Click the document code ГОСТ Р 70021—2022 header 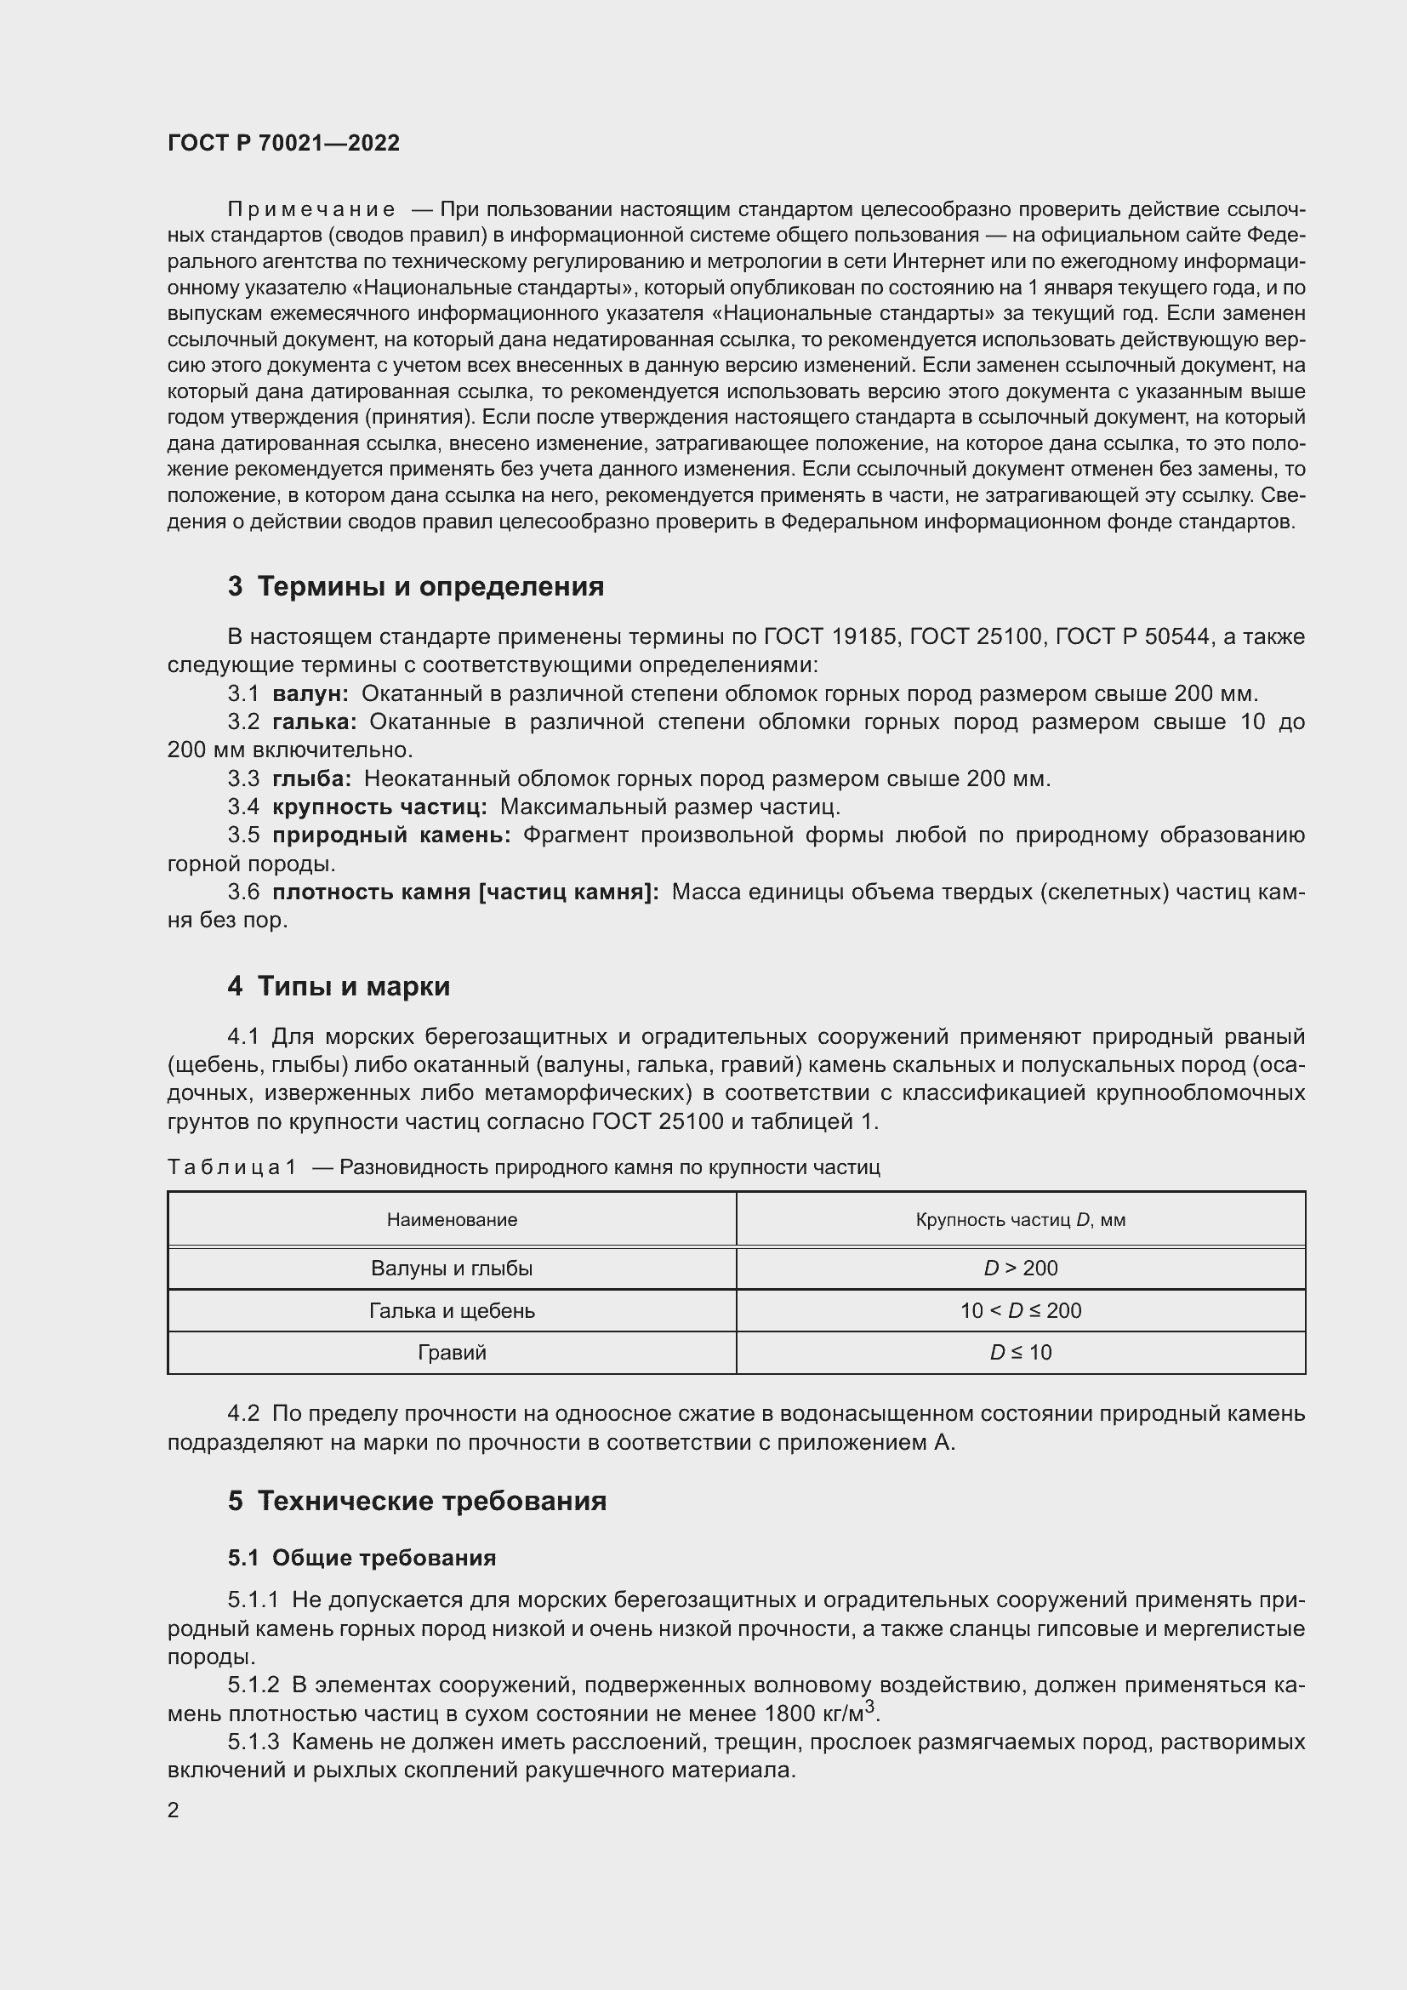tap(283, 144)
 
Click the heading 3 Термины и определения tap(416, 587)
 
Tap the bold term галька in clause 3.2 tap(314, 722)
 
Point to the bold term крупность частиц tap(379, 807)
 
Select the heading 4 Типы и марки tap(339, 986)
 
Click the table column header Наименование tap(452, 1220)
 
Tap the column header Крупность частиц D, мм tap(1020, 1220)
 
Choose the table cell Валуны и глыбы tap(452, 1269)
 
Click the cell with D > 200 tap(1020, 1269)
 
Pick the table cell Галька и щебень tap(452, 1310)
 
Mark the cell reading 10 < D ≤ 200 tap(1020, 1310)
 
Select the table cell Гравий tap(452, 1352)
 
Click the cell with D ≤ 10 tap(1020, 1352)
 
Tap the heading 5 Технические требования tap(417, 1500)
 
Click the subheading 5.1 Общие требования tap(362, 1558)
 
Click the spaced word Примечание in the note tap(311, 210)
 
